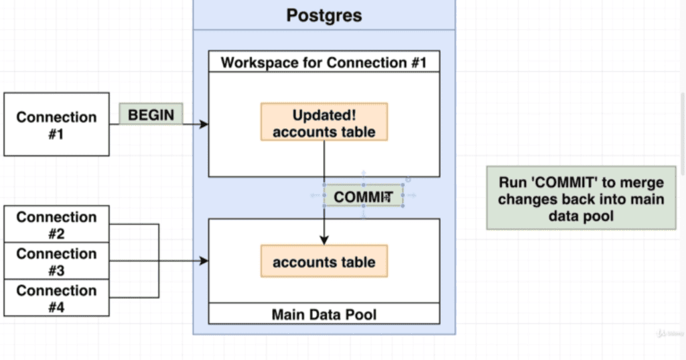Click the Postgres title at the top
(x=324, y=15)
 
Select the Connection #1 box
(x=56, y=125)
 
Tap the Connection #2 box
(x=56, y=225)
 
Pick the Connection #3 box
(x=56, y=262)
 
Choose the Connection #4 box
(x=56, y=298)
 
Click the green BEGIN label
(x=151, y=115)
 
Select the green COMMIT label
(x=362, y=196)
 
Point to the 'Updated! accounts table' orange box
(x=324, y=121)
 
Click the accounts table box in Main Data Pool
(x=324, y=262)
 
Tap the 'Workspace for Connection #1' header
(x=324, y=63)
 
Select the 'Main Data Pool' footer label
(x=324, y=314)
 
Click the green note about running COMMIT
(x=581, y=198)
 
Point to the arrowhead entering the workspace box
(x=204, y=125)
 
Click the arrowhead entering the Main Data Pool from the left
(x=204, y=261)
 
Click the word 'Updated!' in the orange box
(x=324, y=114)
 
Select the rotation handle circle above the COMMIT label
(x=408, y=179)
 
